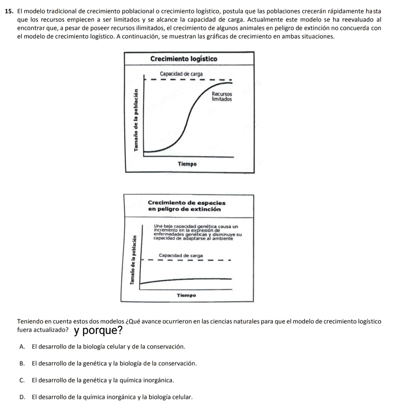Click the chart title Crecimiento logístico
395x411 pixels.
[189, 59]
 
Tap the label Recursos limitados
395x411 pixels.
[222, 96]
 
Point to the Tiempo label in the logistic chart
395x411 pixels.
[187, 164]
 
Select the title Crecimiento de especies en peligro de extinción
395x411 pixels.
[187, 206]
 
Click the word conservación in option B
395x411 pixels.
[180, 364]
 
